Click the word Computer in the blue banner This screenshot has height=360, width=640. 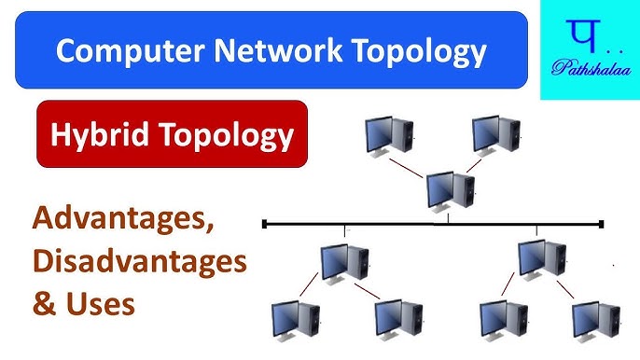click(117, 50)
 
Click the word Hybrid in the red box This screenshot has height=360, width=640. click(94, 135)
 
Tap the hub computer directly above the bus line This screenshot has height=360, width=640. click(449, 190)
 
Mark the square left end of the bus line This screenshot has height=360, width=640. click(266, 224)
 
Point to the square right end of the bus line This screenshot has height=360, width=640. click(602, 224)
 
